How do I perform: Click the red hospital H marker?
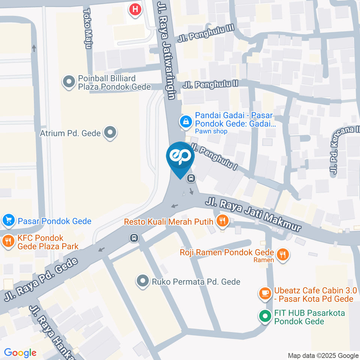coord(135,9)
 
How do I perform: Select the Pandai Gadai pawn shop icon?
coord(185,121)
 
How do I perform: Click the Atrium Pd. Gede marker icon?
coord(110,132)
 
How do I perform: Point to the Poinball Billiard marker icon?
coord(69,82)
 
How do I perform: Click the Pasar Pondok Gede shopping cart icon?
coord(8,221)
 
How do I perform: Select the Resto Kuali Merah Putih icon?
coord(222,222)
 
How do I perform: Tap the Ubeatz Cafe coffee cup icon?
coord(265,294)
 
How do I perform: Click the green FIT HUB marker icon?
coord(265,316)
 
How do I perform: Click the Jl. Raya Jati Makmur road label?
coord(253,216)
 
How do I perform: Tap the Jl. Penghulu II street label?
coord(210,84)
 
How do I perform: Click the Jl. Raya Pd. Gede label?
coord(41,279)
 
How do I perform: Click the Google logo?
coord(20,352)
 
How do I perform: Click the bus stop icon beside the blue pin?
coord(191,178)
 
